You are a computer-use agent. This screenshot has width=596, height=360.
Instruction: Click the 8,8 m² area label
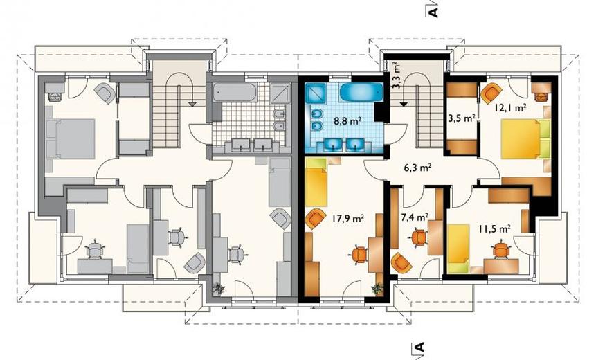point(347,121)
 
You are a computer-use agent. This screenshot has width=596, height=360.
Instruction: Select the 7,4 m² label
point(415,217)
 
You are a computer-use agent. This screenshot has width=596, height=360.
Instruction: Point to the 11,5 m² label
point(494,228)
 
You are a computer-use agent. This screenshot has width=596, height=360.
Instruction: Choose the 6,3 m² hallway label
point(417,168)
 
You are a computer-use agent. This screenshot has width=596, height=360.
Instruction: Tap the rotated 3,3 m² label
point(397,75)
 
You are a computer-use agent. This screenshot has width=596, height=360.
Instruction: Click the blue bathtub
point(361,91)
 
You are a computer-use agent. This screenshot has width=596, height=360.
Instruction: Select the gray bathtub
point(234,92)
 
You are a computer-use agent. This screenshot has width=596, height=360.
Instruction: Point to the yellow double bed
point(521,138)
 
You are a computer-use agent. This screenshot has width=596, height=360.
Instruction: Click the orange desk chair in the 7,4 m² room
point(419,237)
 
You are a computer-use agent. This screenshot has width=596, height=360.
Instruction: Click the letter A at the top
point(433,11)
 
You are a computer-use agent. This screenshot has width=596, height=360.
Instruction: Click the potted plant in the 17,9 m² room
point(377,289)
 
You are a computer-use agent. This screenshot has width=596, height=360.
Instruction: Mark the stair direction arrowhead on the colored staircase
point(404,103)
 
